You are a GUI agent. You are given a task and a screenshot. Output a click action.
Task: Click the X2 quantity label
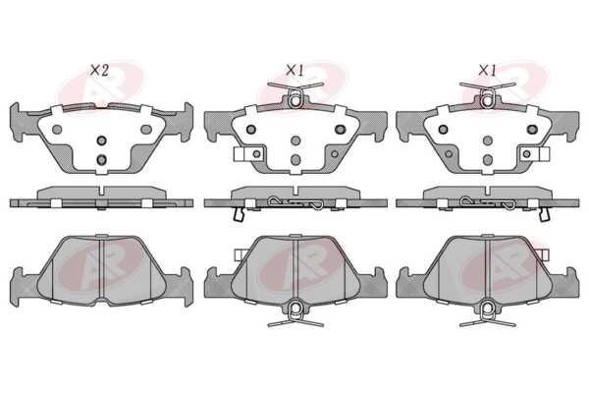pos(99,71)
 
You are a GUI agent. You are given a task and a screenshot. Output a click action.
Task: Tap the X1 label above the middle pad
pos(294,71)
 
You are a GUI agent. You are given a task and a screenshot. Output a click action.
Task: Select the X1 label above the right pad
pos(487,71)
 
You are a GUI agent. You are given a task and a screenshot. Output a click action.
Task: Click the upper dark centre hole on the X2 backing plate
pos(101,140)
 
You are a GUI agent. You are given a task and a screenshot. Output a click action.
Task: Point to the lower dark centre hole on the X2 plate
pos(101,160)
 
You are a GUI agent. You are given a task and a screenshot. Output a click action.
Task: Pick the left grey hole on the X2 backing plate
pos(57,130)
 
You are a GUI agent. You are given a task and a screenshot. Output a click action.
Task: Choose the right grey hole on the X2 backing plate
pos(146,130)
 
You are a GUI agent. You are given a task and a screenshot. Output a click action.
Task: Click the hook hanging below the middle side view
pos(239,214)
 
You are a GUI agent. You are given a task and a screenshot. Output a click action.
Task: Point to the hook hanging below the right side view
pos(544,214)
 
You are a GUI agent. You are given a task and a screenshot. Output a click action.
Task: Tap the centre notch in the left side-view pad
pos(101,191)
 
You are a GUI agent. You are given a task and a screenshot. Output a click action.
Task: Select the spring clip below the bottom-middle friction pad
pos(295,313)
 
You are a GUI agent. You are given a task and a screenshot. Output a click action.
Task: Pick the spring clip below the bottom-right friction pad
pos(488,313)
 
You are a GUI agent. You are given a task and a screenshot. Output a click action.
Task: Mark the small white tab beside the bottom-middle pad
pos(240,254)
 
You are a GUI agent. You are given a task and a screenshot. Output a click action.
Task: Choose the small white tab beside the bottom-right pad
pos(544,254)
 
